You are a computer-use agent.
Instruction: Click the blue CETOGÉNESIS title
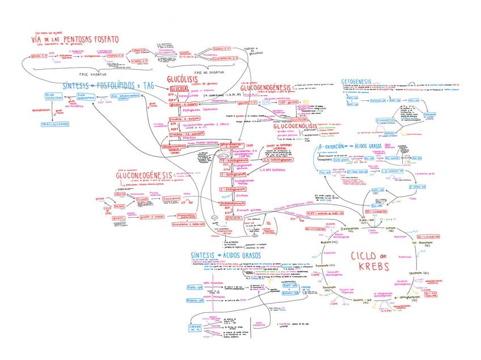tap(356, 82)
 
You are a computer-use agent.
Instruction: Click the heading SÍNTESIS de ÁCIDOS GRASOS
tap(226, 256)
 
